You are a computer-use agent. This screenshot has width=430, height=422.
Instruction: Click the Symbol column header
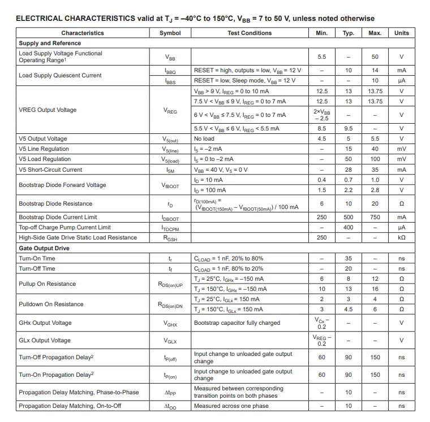coord(170,33)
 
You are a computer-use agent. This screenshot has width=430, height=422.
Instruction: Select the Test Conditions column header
coord(250,33)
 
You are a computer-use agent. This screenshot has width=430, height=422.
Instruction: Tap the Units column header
coord(401,33)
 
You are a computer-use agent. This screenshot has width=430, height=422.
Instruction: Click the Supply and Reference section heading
coord(50,43)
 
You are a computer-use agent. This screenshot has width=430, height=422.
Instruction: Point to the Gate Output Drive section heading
coord(44,248)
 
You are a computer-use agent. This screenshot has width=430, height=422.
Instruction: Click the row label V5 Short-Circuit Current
coord(50,169)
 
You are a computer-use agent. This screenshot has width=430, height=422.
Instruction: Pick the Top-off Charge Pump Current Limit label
coord(64,227)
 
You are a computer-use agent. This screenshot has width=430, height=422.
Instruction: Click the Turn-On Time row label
coord(37,258)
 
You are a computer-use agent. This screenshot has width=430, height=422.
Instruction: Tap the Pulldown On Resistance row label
coord(51,304)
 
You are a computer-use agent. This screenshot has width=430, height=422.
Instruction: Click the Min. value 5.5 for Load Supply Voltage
coord(321,57)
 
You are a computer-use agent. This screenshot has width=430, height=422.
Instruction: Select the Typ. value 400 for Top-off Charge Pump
coord(349,227)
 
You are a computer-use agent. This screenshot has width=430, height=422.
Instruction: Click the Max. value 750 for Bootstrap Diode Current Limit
coord(375,217)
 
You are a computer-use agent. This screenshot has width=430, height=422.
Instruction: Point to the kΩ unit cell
coord(401,237)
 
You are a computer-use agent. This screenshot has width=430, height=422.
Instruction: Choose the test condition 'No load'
coord(204,138)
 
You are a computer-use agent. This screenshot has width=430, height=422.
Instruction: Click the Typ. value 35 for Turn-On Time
coord(349,258)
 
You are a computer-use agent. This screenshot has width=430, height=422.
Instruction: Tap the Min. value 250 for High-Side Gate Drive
coord(321,237)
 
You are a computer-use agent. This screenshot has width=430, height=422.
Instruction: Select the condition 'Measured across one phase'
coord(231,406)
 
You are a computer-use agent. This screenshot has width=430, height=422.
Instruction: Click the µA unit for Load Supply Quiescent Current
coord(401,81)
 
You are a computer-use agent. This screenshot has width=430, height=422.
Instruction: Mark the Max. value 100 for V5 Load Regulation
coord(375,159)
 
